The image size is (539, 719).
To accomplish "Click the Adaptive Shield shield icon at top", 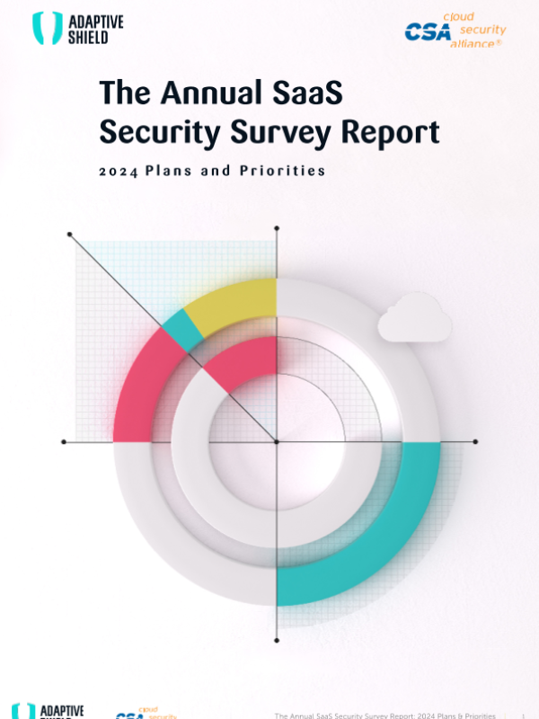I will click(45, 28).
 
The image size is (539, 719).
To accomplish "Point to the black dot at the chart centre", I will click(276, 441).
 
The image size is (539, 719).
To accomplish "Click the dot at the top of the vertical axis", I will click(276, 229).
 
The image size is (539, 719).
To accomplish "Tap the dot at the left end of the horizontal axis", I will click(63, 441).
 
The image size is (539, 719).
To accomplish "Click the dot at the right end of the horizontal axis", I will click(475, 441).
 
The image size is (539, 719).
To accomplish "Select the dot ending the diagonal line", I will click(70, 235).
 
